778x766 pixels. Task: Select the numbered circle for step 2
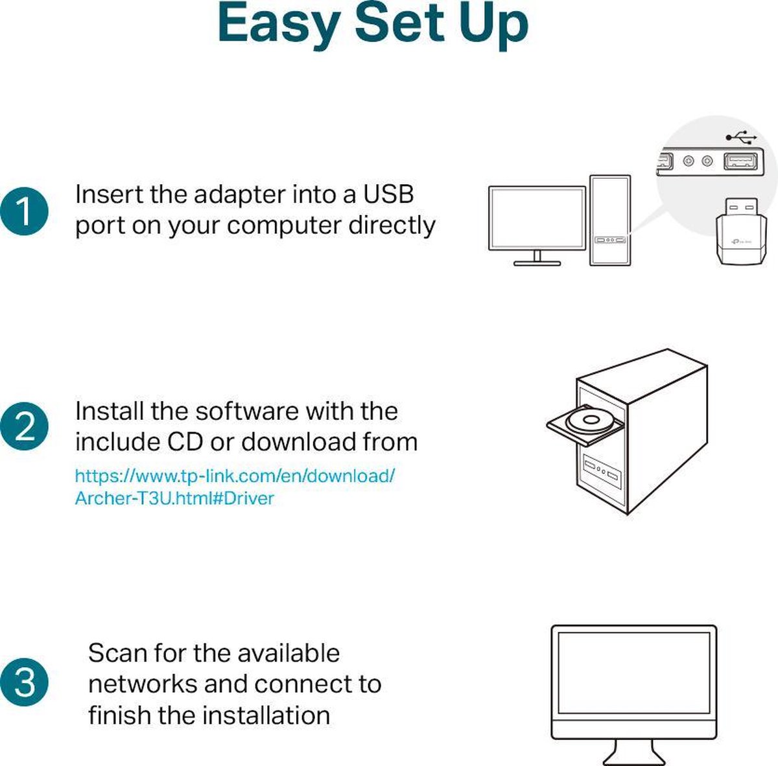tap(24, 427)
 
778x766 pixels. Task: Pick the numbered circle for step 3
tap(24, 682)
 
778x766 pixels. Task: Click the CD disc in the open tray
tap(591, 420)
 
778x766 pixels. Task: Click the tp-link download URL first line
tap(235, 476)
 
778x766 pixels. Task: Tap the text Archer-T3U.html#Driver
tap(174, 498)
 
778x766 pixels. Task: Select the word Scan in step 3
tap(113, 653)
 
